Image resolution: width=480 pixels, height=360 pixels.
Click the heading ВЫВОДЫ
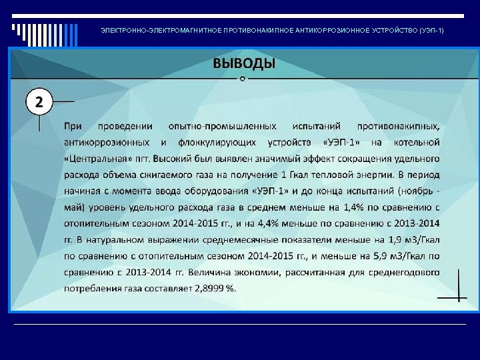(244, 63)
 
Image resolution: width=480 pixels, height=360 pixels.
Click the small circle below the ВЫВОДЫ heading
(242, 79)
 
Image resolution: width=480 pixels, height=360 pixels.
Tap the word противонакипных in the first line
(399, 126)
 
